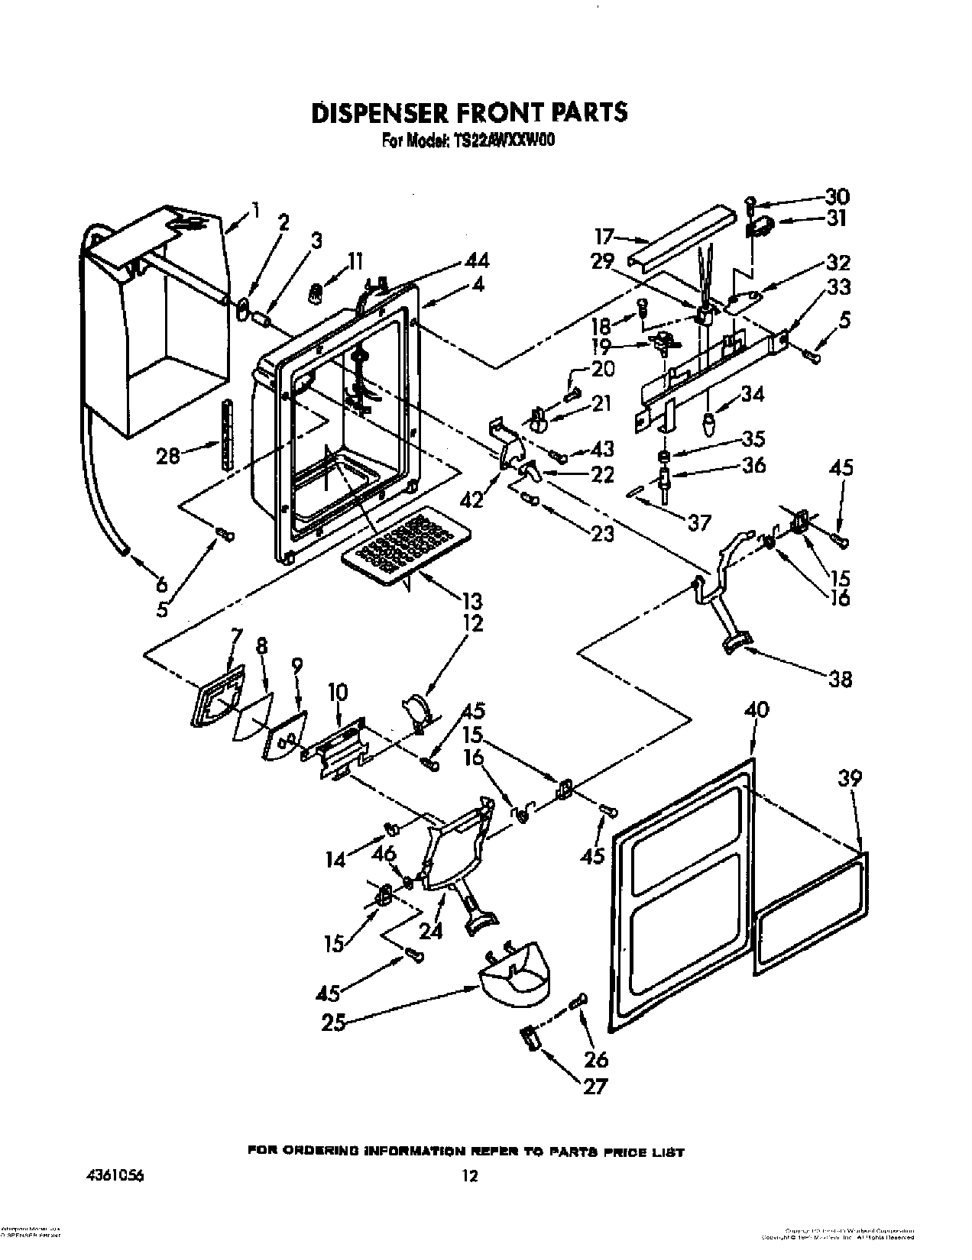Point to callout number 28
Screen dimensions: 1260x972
coord(169,456)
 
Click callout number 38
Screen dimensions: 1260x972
coord(840,679)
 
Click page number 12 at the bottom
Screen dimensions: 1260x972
coord(470,1155)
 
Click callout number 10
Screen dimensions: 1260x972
coord(337,693)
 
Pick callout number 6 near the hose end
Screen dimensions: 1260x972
coord(162,585)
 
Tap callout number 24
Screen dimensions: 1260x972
coord(430,932)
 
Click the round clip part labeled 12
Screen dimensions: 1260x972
coord(417,708)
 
